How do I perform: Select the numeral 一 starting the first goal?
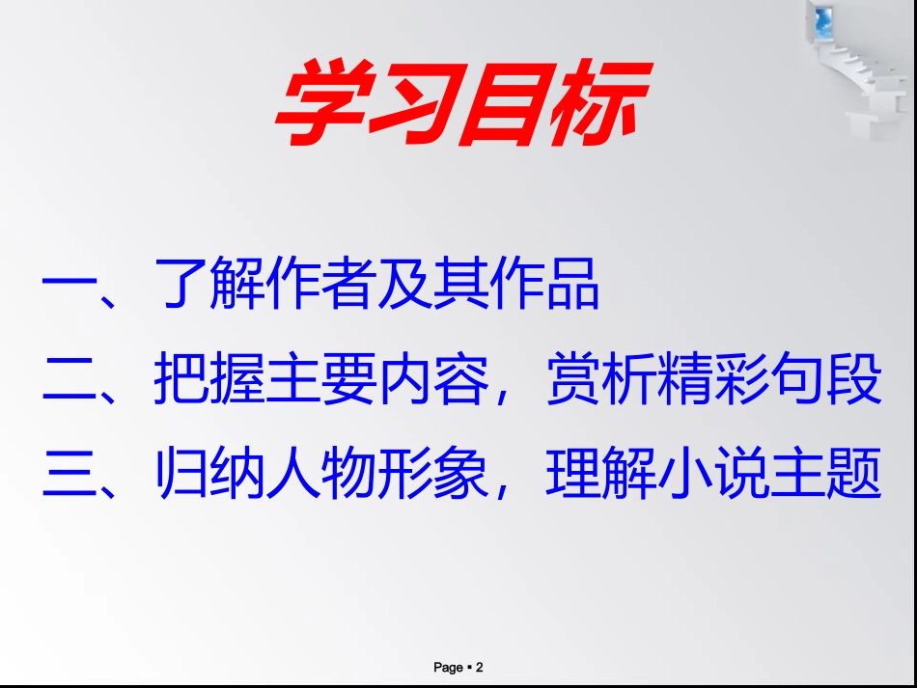coord(69,287)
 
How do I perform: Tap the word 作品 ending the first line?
coord(546,287)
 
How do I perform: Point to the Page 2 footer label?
coord(458,667)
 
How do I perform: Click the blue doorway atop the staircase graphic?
coord(823,21)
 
